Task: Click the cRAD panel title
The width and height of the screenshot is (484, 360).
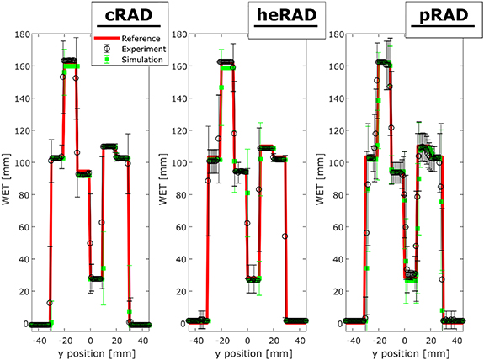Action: point(124,18)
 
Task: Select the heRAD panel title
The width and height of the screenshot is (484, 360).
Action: point(282,18)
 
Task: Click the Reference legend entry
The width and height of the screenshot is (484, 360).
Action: point(141,39)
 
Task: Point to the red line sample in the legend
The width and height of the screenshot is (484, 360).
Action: point(108,39)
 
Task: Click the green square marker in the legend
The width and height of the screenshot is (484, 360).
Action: point(108,59)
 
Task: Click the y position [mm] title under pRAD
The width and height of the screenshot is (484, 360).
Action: point(407,350)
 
